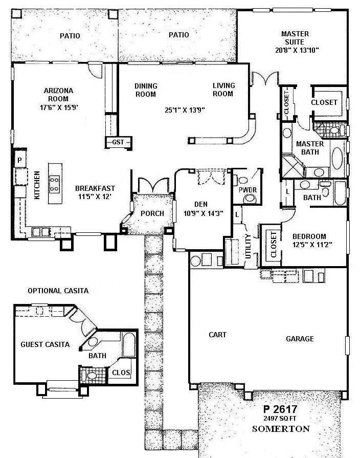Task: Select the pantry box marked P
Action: click(x=19, y=160)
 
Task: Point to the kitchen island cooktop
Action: click(x=53, y=183)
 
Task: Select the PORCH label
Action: click(x=153, y=213)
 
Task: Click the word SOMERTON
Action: click(x=281, y=428)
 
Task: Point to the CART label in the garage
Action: click(x=218, y=335)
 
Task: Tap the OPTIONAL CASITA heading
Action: click(x=58, y=291)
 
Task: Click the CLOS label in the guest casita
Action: click(x=121, y=373)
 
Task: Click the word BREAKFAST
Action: click(x=95, y=187)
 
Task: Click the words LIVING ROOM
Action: click(x=223, y=90)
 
